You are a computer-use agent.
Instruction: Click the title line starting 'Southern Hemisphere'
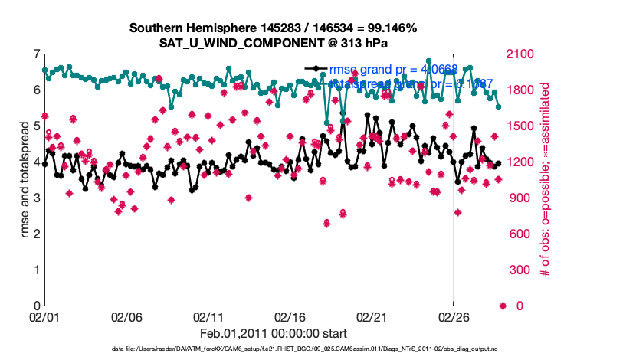point(273,28)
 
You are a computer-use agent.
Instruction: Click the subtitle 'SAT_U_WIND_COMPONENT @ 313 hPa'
point(273,43)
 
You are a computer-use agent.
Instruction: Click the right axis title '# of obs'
point(546,180)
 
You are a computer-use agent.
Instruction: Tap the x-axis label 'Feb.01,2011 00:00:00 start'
point(273,333)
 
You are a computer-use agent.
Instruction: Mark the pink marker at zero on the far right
point(503,306)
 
